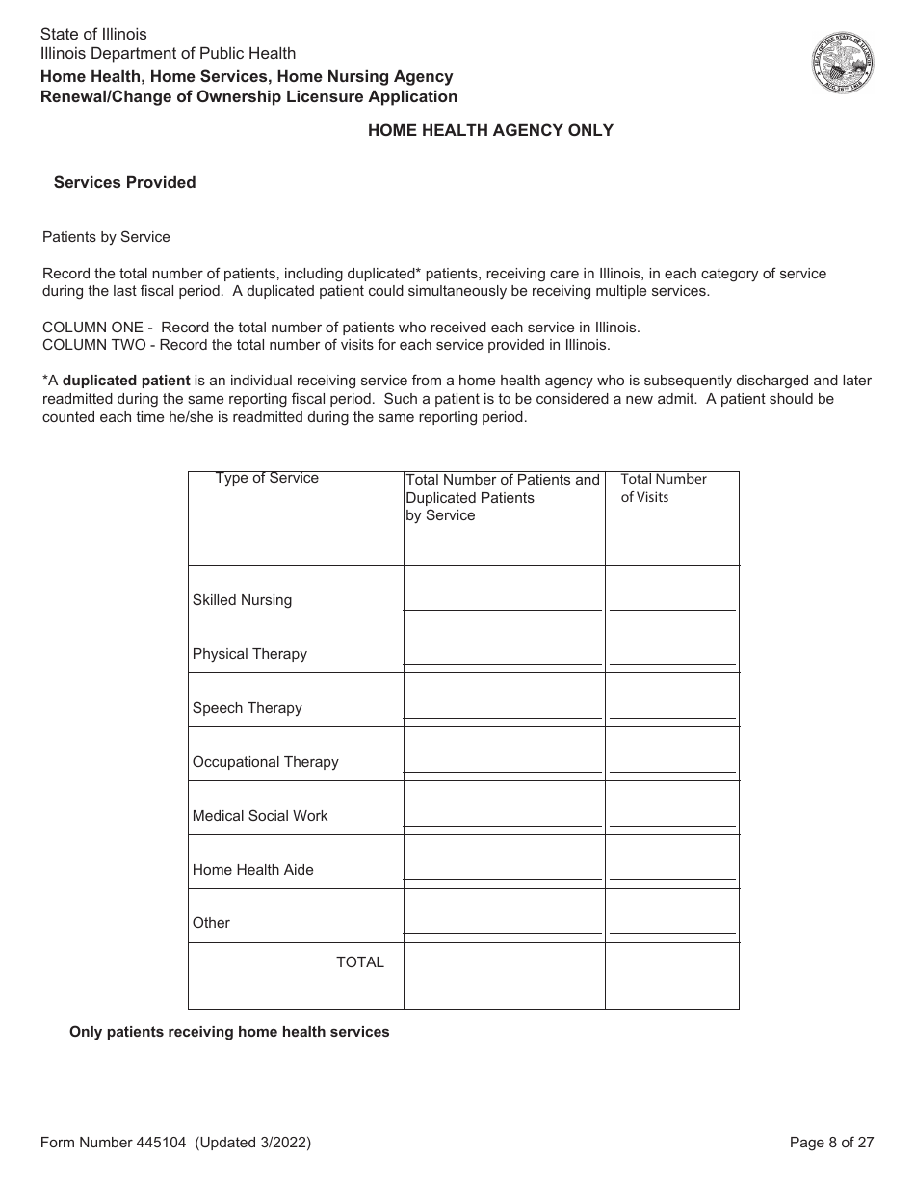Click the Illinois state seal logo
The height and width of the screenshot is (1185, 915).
point(843,63)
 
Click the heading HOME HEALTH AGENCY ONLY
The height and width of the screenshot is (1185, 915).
point(490,130)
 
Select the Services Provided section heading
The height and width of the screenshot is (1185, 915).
point(124,182)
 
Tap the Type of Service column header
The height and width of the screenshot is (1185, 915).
point(267,478)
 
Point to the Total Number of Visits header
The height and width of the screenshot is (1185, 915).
point(664,487)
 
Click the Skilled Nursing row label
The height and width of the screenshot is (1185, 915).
point(242,600)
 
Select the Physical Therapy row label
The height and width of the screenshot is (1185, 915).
point(249,654)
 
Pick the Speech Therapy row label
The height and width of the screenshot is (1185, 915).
point(247,708)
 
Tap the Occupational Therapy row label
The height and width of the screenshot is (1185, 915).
point(265,762)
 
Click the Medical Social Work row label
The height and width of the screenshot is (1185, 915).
point(260,816)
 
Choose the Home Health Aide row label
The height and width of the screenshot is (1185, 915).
point(252,870)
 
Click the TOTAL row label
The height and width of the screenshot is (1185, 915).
point(359,962)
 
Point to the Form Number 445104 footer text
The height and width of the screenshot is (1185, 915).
point(175,1143)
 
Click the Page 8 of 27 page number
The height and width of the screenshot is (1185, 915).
point(831,1143)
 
